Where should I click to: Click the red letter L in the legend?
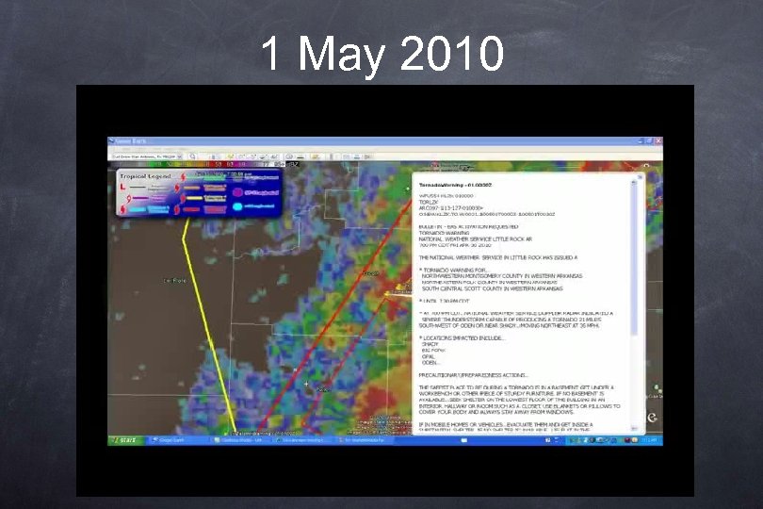(x=123, y=189)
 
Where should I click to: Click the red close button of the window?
(x=658, y=141)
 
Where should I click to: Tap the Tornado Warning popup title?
(x=452, y=187)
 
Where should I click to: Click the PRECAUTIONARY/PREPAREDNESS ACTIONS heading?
(x=476, y=374)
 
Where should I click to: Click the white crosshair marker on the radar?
(x=307, y=383)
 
